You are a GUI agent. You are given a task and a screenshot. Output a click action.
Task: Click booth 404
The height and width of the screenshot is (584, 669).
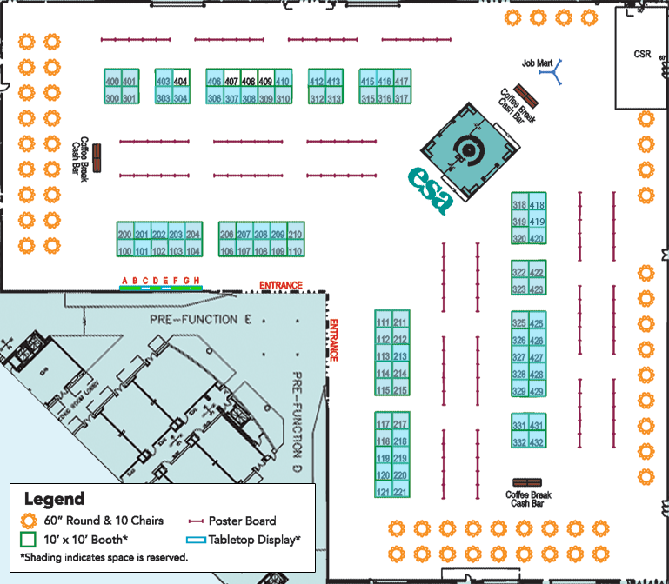[x=181, y=82]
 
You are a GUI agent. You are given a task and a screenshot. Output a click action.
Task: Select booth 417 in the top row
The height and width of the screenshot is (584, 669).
[x=401, y=82]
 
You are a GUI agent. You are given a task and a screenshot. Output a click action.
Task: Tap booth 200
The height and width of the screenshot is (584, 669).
[x=124, y=235]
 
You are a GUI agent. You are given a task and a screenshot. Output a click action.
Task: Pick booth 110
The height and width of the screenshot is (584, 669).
[x=296, y=252]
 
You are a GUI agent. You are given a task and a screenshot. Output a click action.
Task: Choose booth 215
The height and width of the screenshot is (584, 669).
[x=400, y=391]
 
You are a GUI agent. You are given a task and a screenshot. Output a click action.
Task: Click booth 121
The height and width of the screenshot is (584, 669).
[x=383, y=493]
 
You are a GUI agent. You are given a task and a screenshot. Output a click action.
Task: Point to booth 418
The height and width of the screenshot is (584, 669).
[x=537, y=206]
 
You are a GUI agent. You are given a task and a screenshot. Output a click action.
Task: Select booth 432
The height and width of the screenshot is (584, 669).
[x=537, y=443]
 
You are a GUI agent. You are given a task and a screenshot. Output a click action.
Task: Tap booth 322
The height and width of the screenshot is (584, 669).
[x=519, y=273]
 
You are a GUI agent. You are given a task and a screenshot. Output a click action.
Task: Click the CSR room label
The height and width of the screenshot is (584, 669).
[x=642, y=54]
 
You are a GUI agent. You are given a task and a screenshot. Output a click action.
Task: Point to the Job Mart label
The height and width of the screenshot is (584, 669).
[x=538, y=63]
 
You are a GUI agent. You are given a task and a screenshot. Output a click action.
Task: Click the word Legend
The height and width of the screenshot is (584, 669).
[x=54, y=499]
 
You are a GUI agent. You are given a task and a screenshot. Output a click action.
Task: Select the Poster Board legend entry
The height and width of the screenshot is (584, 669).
[x=243, y=521]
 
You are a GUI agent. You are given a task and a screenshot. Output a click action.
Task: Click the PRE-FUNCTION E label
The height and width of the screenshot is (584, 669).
[x=193, y=320]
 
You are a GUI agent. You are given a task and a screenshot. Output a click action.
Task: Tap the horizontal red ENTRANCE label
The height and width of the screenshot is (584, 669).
[x=280, y=285]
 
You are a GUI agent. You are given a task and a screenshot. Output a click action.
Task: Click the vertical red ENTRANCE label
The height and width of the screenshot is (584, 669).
[x=333, y=341]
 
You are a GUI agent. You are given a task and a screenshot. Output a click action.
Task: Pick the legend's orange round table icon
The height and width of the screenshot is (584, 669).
[x=30, y=521]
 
